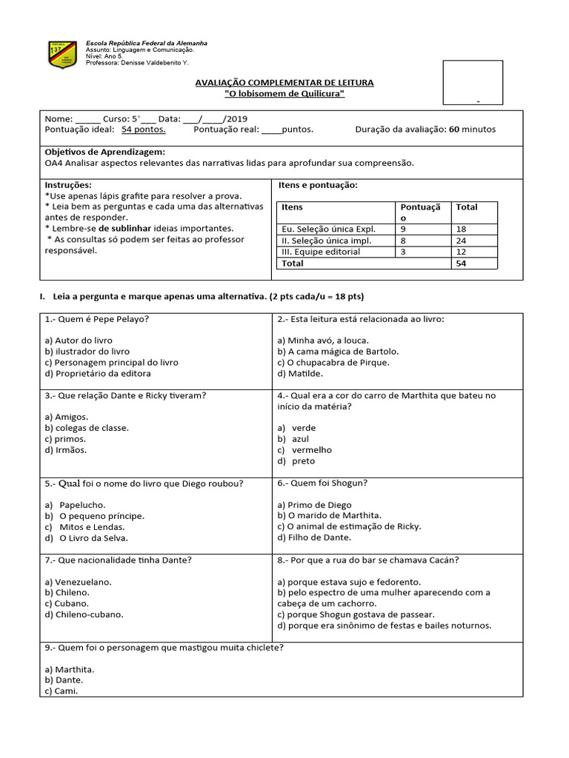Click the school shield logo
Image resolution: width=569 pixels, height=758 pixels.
tap(62, 54)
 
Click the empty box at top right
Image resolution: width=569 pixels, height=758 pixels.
tap(473, 82)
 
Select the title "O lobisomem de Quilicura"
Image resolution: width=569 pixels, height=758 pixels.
tap(284, 93)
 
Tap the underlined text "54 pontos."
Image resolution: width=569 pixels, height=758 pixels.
tap(144, 129)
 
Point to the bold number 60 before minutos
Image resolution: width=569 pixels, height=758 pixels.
tap(454, 129)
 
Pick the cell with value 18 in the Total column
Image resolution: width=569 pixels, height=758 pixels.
tap(462, 229)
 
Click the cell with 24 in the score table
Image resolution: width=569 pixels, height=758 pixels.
tap(462, 241)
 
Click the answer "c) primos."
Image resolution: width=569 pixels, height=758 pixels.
tap(65, 438)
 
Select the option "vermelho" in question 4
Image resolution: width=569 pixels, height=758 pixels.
tap(312, 449)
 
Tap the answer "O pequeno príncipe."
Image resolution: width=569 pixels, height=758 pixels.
tap(102, 515)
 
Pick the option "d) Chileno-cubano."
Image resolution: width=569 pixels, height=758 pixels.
tap(84, 614)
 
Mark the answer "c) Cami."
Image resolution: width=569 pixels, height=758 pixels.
tap(61, 691)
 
